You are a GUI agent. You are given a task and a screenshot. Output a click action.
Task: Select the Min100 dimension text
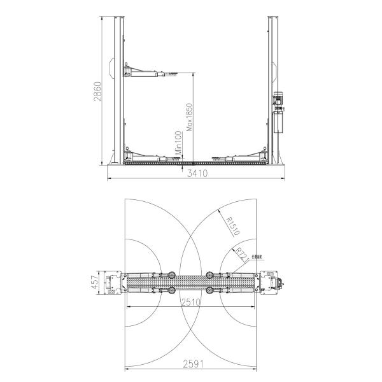click(179, 145)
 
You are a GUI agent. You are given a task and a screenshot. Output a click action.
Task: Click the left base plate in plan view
click(115, 283)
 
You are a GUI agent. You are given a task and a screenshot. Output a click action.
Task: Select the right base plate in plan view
click(269, 283)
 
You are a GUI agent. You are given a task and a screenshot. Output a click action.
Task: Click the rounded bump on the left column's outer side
click(111, 68)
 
